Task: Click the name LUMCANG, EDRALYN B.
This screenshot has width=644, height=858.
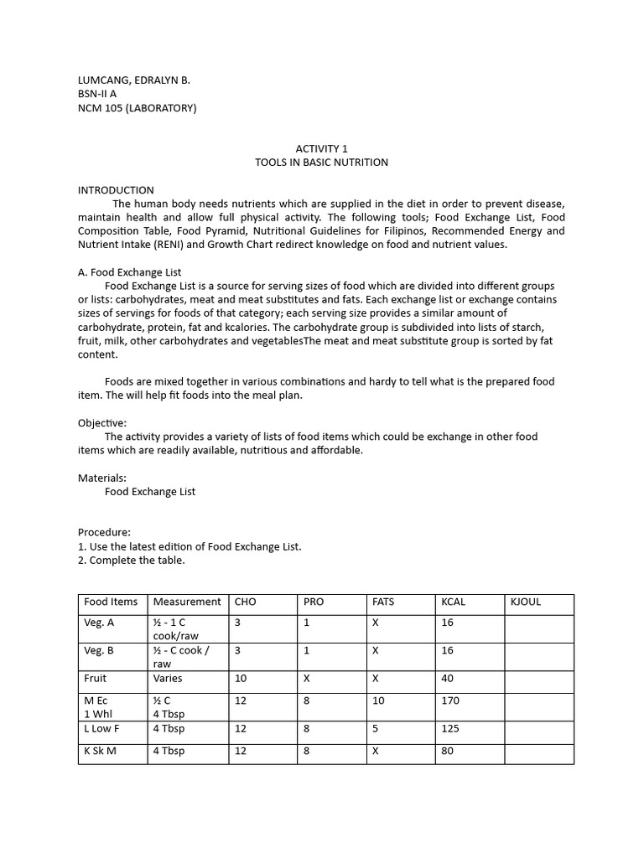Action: [x=134, y=80]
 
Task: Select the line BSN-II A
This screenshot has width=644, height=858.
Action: [x=97, y=94]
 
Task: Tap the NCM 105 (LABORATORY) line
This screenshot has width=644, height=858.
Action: [x=138, y=108]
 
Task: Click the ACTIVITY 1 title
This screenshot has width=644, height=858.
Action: [x=322, y=148]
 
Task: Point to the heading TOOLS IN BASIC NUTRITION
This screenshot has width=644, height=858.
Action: [x=322, y=163]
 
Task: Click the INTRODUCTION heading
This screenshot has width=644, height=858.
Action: [x=116, y=190]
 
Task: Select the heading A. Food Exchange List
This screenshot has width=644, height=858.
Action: [x=129, y=272]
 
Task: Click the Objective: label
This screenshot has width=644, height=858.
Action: [x=102, y=423]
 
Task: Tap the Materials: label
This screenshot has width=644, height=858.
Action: [x=102, y=478]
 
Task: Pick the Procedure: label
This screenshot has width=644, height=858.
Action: [x=105, y=532]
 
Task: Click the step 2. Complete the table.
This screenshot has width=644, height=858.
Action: [x=131, y=560]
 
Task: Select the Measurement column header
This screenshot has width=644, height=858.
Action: [x=187, y=602]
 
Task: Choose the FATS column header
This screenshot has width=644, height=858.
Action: [x=383, y=602]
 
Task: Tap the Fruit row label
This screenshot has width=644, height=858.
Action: [x=95, y=678]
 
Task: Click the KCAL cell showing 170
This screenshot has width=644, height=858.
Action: [x=450, y=700]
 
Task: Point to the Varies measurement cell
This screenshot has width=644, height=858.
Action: [x=168, y=678]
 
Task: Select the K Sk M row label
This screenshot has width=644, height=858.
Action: [x=100, y=751]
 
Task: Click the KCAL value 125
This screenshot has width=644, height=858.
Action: [x=450, y=729]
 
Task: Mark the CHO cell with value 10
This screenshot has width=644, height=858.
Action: [x=241, y=678]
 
